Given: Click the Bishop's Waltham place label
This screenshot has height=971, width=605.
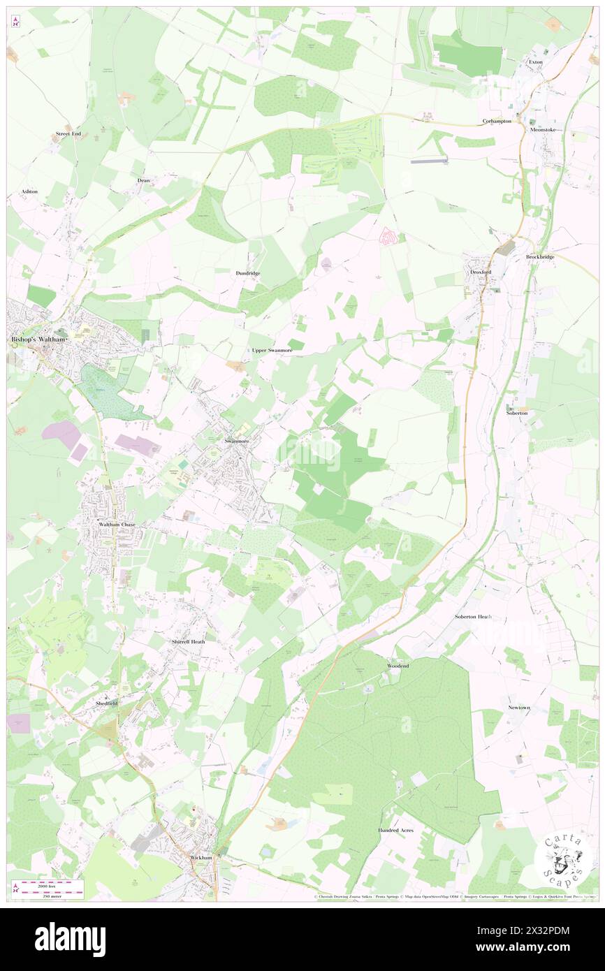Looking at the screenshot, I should click(x=38, y=339).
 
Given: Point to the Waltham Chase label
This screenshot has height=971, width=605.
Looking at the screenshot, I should click(x=117, y=524).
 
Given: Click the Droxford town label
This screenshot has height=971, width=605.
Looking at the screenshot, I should click(x=481, y=272).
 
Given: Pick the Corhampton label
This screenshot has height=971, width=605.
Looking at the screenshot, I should click(x=497, y=121).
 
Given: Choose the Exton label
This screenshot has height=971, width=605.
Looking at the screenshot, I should click(x=535, y=62).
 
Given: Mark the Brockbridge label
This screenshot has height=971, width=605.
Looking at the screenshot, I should click(x=540, y=257).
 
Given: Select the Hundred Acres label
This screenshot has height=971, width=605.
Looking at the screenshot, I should click(x=396, y=830).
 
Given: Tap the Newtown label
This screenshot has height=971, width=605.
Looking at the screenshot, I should click(x=519, y=708).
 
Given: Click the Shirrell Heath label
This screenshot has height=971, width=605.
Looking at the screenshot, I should click(x=189, y=641).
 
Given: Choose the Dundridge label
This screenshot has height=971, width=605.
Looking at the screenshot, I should click(x=248, y=272).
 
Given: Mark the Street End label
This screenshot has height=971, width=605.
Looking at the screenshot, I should click(x=69, y=133).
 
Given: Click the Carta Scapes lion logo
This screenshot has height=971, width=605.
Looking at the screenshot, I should click(x=562, y=859).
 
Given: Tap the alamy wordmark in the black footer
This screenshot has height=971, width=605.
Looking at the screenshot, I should click(x=70, y=940).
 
